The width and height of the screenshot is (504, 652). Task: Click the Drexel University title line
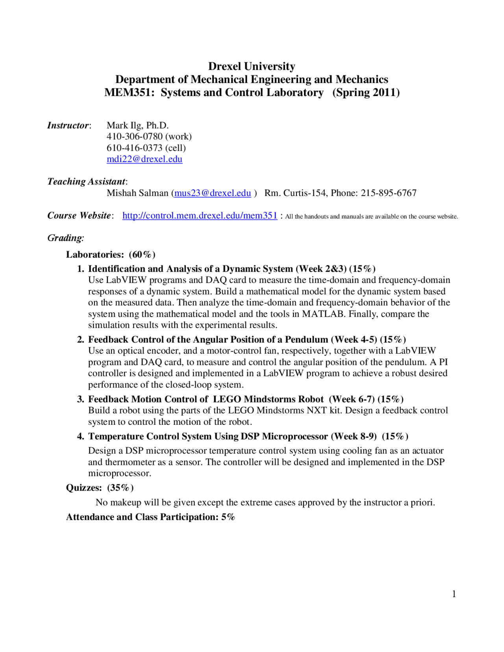pos(252,66)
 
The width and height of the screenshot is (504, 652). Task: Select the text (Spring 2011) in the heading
pos(366,93)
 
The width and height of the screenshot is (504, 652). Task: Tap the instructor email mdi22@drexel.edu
pos(145,159)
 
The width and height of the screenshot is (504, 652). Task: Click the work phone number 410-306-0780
pos(134,137)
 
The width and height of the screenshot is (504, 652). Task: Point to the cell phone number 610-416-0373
pos(134,148)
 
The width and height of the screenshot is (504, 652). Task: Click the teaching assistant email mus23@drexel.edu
pos(213,193)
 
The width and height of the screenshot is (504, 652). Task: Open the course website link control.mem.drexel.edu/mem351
pos(200,216)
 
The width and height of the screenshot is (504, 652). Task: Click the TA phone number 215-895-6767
pos(388,193)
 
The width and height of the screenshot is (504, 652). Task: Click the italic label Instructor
pos(68,126)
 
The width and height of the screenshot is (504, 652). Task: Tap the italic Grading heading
pos(66,238)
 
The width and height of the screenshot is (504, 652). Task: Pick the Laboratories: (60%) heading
pos(111,255)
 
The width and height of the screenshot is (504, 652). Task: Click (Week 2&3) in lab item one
pos(321,269)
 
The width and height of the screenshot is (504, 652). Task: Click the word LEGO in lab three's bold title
pos(227,399)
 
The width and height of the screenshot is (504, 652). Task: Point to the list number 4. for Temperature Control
pos(81,437)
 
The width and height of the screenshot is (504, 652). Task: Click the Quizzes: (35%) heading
pos(100,488)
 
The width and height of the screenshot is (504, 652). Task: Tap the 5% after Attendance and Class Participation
pos(228,517)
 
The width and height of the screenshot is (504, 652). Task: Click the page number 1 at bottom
pos(454,594)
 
